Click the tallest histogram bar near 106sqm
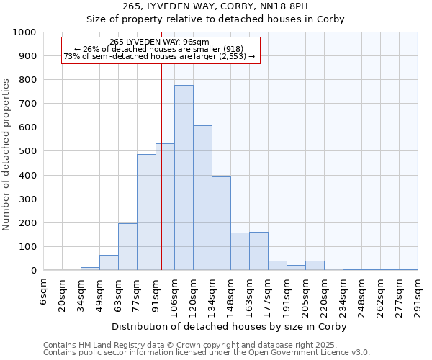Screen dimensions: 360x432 [x=184, y=178]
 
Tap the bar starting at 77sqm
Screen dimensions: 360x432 [x=146, y=212]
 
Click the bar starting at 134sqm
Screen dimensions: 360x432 [x=221, y=223]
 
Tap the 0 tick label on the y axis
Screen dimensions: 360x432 [x=33, y=271]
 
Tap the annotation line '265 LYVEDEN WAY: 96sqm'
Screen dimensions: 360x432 [x=159, y=42]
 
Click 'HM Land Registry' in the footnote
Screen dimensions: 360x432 [x=103, y=345]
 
